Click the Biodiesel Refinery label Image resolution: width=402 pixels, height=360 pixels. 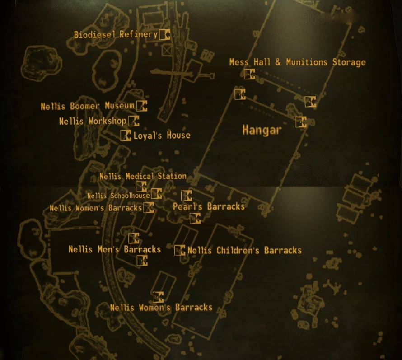[x=116, y=35]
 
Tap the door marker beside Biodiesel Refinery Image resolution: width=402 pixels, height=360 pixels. [x=165, y=34]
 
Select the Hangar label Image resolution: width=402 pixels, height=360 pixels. [x=262, y=131]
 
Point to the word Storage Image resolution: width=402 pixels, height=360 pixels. [x=349, y=62]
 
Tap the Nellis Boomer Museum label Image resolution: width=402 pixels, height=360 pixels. [x=88, y=107]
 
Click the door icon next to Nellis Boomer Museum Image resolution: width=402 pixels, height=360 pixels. [x=142, y=106]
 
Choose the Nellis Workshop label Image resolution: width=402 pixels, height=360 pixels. [x=93, y=122]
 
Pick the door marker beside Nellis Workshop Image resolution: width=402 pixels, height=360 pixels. [x=134, y=121]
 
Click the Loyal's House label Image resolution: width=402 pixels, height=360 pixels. [x=162, y=136]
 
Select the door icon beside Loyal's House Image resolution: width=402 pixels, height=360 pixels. [x=126, y=136]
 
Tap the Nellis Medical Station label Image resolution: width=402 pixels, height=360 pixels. [x=143, y=176]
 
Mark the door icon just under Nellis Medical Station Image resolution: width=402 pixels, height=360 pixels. [x=141, y=187]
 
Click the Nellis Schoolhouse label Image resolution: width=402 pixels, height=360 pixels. [x=118, y=196]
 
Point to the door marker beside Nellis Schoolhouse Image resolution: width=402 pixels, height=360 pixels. [x=156, y=194]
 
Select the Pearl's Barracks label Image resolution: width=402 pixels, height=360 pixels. [x=209, y=207]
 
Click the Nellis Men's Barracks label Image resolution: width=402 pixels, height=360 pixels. [x=115, y=249]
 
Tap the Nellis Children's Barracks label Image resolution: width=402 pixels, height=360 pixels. [x=244, y=250]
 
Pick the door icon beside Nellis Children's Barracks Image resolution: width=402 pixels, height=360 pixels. [x=180, y=250]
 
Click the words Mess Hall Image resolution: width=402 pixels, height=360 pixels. [x=250, y=62]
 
